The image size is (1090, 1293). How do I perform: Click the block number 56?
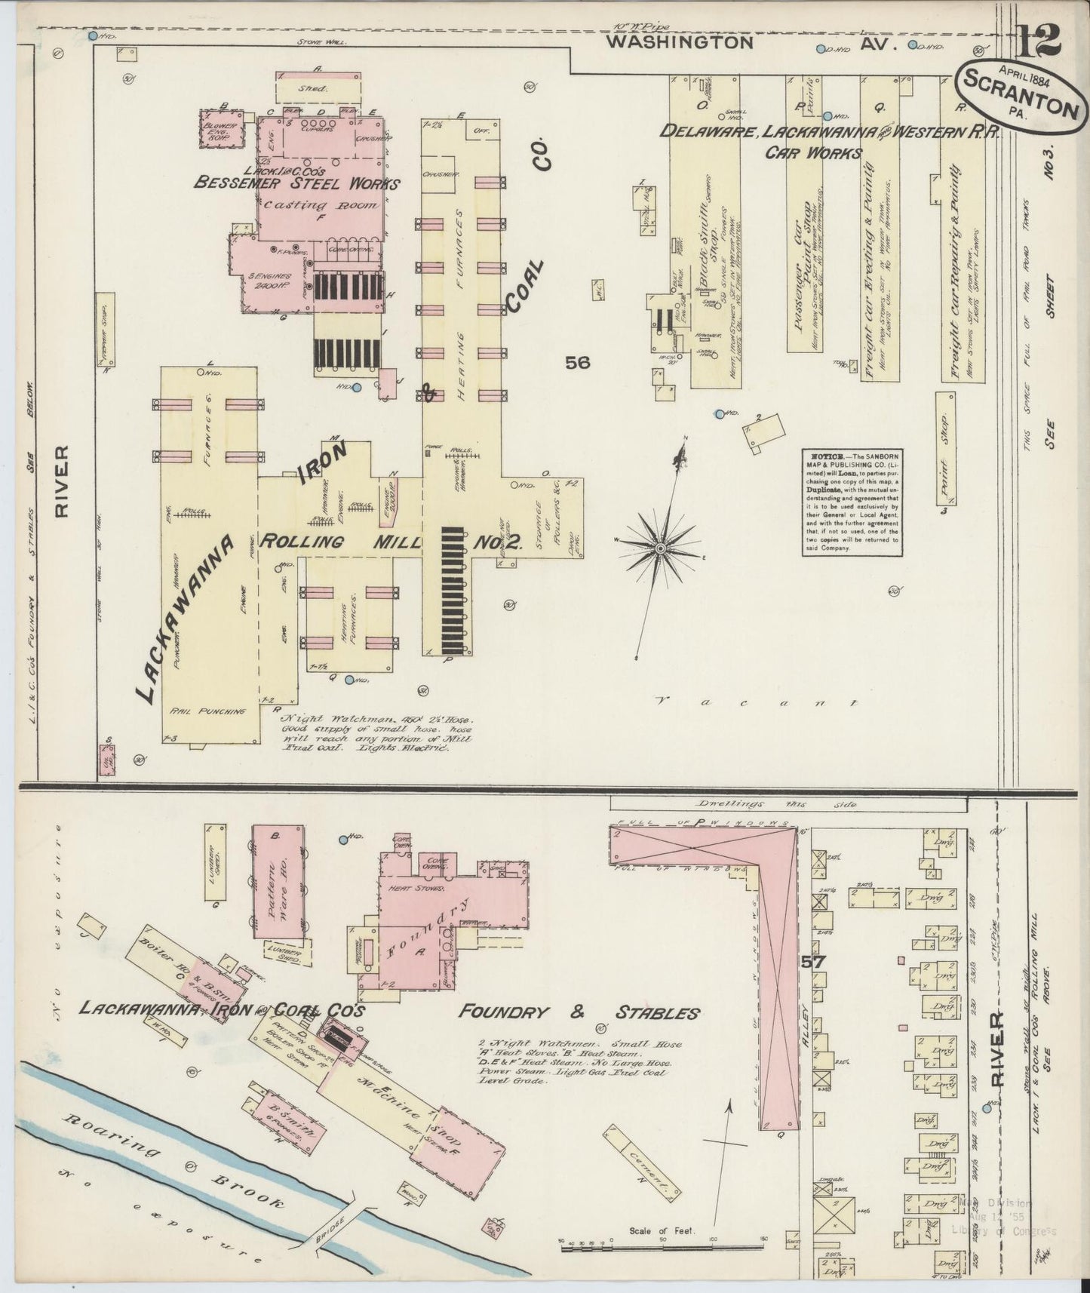[579, 363]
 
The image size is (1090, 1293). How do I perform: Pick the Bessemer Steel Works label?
[297, 182]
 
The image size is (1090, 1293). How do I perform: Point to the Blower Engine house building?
[223, 128]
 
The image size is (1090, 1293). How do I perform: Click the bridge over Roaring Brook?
[343, 1207]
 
